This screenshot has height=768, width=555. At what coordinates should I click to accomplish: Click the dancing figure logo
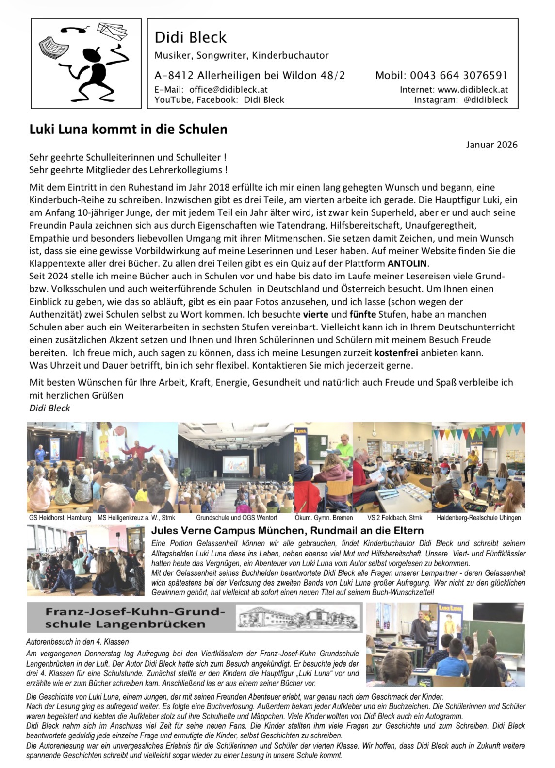(x=86, y=64)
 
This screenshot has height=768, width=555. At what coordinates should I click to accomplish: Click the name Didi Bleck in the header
(x=190, y=37)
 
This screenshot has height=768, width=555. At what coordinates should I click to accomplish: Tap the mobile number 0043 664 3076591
(x=458, y=75)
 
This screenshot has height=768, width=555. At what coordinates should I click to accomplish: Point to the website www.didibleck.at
(x=473, y=90)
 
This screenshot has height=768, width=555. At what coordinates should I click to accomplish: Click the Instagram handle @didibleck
(x=485, y=100)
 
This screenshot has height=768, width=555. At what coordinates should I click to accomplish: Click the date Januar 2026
(x=491, y=145)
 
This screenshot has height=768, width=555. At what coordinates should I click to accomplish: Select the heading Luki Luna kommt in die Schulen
(x=128, y=130)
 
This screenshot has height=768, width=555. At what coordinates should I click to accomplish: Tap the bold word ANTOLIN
(x=408, y=264)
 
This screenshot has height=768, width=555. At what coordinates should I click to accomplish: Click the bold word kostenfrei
(x=396, y=352)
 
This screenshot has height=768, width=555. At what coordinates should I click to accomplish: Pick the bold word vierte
(x=316, y=314)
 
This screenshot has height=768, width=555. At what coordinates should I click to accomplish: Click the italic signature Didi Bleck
(x=49, y=408)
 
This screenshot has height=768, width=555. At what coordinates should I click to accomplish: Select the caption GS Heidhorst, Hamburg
(x=60, y=518)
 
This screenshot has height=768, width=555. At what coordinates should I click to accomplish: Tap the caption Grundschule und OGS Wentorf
(x=236, y=518)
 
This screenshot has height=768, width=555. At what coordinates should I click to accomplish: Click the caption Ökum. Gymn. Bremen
(x=324, y=518)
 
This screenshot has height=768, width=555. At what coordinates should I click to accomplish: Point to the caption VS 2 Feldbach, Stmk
(x=394, y=518)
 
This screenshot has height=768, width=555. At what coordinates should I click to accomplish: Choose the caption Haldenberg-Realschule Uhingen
(x=478, y=518)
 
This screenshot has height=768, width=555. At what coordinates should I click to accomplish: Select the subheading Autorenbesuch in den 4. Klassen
(x=70, y=642)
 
